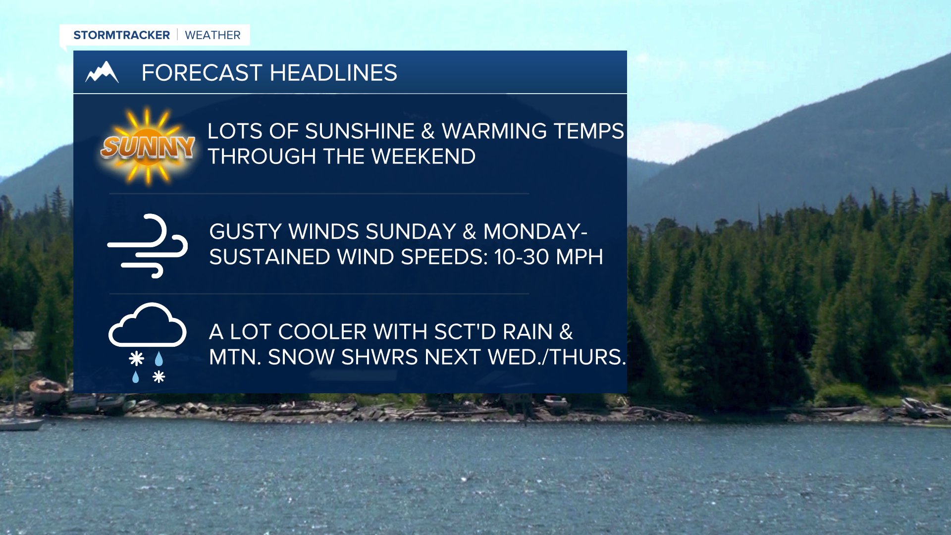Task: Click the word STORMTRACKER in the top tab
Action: click(x=121, y=35)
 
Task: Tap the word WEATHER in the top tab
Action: click(x=212, y=35)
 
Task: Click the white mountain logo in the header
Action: click(x=102, y=72)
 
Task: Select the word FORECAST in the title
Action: click(x=202, y=73)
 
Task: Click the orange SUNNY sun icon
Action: click(x=148, y=146)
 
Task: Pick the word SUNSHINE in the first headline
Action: click(x=360, y=131)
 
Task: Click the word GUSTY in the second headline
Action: click(x=245, y=232)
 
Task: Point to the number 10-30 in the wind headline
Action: click(x=522, y=257)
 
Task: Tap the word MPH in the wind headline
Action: click(x=580, y=257)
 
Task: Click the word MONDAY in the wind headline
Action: click(x=532, y=232)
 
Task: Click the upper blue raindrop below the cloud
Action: click(x=159, y=359)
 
